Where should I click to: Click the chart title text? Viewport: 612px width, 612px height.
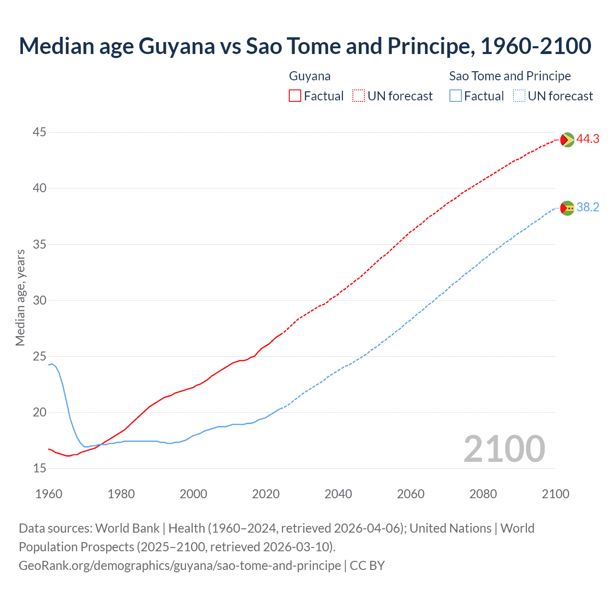tap(305, 46)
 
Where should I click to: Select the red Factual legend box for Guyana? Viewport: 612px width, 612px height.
tap(295, 96)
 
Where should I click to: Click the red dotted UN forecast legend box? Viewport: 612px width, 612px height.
tap(359, 96)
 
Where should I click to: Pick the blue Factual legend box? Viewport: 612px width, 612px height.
tap(455, 96)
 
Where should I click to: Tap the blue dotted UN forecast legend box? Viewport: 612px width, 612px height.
tap(519, 96)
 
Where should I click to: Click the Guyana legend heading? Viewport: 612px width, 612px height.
tap(309, 76)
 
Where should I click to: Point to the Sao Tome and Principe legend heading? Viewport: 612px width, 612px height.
tap(510, 76)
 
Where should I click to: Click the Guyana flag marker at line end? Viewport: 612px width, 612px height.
tap(567, 140)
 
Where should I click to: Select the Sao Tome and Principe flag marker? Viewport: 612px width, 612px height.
tap(567, 208)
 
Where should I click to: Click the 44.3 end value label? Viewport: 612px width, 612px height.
tap(588, 139)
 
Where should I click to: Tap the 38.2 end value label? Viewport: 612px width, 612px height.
tap(588, 208)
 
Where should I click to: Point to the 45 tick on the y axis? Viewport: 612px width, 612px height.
tap(40, 132)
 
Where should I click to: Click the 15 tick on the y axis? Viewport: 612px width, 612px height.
tap(40, 468)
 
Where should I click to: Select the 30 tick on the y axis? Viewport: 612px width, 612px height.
tap(40, 300)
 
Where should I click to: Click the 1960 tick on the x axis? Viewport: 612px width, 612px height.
tap(49, 494)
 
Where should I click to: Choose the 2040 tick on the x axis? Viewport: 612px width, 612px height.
tap(338, 494)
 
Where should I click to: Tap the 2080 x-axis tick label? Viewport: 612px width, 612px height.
tap(483, 494)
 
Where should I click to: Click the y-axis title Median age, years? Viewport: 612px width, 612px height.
tap(20, 297)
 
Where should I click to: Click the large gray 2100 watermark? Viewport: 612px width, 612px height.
tap(504, 449)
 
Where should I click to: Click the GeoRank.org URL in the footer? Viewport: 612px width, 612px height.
tap(180, 566)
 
